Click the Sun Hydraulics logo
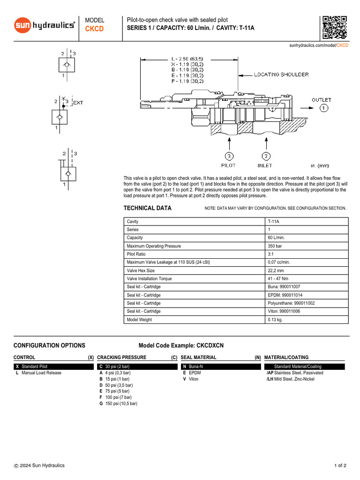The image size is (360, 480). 45,25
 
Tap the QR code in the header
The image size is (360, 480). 334,27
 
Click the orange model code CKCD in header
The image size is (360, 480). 94,29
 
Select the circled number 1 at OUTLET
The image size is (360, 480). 324,108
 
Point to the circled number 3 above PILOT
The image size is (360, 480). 228,156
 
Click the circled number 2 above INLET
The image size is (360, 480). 266,156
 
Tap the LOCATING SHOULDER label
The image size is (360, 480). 281,75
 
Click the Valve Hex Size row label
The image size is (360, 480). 141,270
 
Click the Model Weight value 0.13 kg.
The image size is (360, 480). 275,320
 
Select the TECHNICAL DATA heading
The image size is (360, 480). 147,208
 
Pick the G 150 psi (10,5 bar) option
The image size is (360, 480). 118,403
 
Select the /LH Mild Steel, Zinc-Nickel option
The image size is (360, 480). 290,379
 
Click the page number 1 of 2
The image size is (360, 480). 340,465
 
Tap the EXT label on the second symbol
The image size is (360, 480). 78,103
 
